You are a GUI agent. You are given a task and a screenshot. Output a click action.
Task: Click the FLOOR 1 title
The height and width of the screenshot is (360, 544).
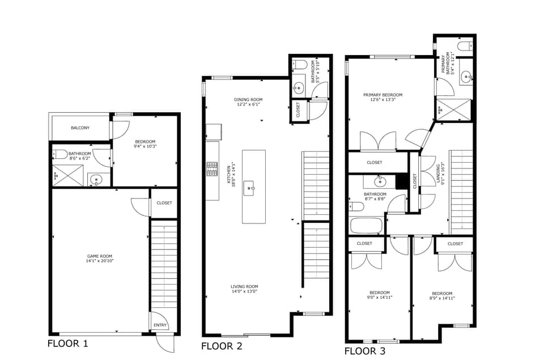pyautogui.click(x=67, y=343)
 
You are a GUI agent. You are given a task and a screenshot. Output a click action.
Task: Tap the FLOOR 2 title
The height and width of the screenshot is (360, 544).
pyautogui.click(x=222, y=346)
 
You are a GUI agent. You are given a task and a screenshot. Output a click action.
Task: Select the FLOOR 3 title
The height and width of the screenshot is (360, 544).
pyautogui.click(x=365, y=351)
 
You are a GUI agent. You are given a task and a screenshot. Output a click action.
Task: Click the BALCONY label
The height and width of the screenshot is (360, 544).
pyautogui.click(x=80, y=128)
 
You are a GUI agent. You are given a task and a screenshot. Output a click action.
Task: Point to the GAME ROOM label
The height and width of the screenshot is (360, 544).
pyautogui.click(x=100, y=256)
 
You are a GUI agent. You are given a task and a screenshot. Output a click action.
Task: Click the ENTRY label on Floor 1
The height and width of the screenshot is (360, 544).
pyautogui.click(x=159, y=325)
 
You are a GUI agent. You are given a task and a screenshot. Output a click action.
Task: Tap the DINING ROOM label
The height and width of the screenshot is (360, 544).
pyautogui.click(x=248, y=100)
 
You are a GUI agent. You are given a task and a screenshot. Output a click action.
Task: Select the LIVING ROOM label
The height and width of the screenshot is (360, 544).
pyautogui.click(x=244, y=286)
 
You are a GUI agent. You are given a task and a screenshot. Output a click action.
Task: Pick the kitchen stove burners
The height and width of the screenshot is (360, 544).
pyautogui.click(x=212, y=169)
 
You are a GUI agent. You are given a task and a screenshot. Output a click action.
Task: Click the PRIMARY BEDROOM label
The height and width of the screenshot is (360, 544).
pyautogui.click(x=383, y=95)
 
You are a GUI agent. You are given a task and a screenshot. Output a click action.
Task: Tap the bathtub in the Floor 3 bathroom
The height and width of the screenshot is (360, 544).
pyautogui.click(x=367, y=226)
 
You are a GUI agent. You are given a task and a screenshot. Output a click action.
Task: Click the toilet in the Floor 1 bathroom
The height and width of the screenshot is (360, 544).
pyautogui.click(x=60, y=154)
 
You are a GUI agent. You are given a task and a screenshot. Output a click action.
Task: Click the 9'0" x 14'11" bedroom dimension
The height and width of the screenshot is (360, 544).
pyautogui.click(x=379, y=297)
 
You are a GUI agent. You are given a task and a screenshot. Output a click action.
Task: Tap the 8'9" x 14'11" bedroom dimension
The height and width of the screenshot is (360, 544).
pyautogui.click(x=442, y=298)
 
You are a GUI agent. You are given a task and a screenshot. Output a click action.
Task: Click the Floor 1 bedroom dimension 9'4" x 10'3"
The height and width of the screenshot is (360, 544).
pyautogui.click(x=144, y=147)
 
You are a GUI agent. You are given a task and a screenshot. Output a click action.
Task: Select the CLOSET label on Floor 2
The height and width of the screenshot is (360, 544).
pyautogui.click(x=299, y=111)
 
